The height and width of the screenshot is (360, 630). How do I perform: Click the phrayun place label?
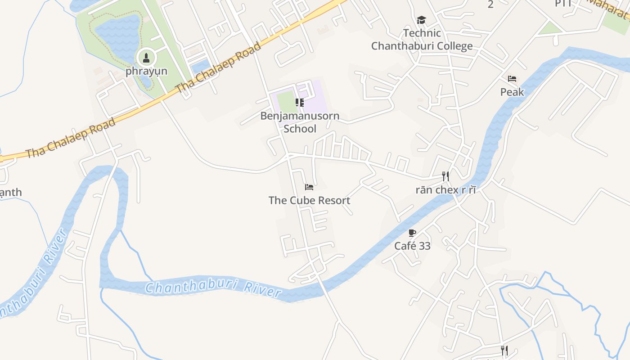tap(146, 71)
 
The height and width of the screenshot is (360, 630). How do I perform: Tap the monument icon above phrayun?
tap(146, 58)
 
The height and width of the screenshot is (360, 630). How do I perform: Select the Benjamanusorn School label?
tap(300, 122)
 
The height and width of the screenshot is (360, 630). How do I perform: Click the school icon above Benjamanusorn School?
tap(300, 103)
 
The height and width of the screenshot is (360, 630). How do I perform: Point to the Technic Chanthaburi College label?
tap(422, 40)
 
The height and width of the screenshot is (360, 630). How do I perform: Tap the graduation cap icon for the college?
tap(421, 20)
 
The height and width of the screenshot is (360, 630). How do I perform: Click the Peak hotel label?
tap(512, 92)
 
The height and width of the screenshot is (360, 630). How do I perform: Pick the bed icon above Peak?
tap(512, 79)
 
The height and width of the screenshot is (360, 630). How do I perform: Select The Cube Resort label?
tap(309, 200)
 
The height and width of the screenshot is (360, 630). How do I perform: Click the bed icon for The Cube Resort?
tap(309, 187)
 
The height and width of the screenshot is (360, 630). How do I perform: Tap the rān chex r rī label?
tap(445, 189)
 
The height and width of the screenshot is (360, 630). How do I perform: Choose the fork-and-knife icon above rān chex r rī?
tap(445, 176)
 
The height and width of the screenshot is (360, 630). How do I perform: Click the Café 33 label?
tap(412, 246)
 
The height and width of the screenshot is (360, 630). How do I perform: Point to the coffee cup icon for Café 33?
tap(412, 233)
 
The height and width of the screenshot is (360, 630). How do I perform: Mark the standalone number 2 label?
tap(490, 4)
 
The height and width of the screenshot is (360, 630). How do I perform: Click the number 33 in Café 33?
tap(424, 246)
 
